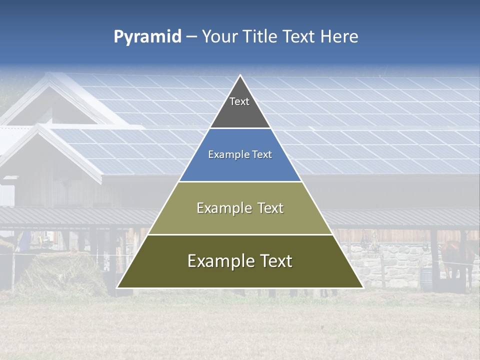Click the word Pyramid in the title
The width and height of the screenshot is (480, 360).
pyautogui.click(x=147, y=36)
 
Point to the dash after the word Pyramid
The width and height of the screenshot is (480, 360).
pyautogui.click(x=191, y=37)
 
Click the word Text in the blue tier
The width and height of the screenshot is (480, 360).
pyautogui.click(x=261, y=155)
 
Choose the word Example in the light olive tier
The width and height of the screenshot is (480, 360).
pyautogui.click(x=223, y=208)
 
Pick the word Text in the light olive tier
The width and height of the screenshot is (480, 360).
pyautogui.click(x=270, y=208)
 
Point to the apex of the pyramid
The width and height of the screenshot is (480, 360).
pyautogui.click(x=240, y=75)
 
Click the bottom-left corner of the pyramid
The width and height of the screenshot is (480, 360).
pyautogui.click(x=117, y=287)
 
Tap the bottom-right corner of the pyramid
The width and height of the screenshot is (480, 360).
pyautogui.click(x=363, y=287)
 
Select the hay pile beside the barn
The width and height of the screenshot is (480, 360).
pyautogui.click(x=60, y=272)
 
